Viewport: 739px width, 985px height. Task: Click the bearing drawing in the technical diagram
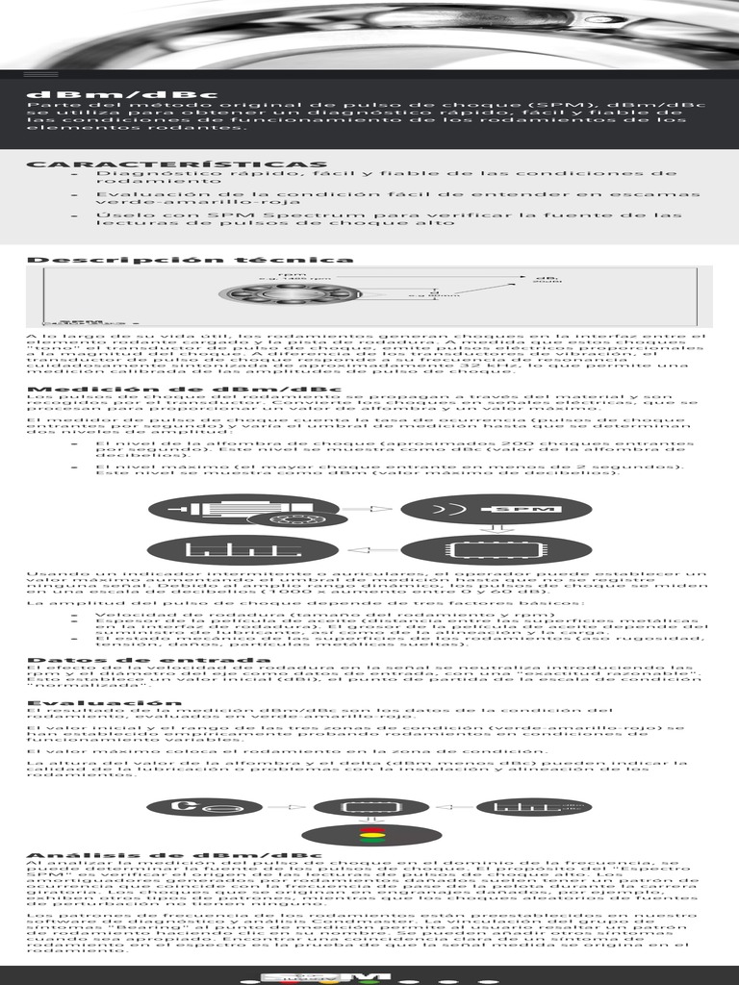pos(289,293)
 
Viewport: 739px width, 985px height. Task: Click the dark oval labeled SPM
pos(469,509)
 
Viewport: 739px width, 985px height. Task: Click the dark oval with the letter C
pos(207,807)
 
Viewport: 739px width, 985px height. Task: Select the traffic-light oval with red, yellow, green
pos(371,834)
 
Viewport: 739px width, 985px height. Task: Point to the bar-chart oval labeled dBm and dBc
pos(532,807)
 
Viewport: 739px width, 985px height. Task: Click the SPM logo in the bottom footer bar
pos(369,976)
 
